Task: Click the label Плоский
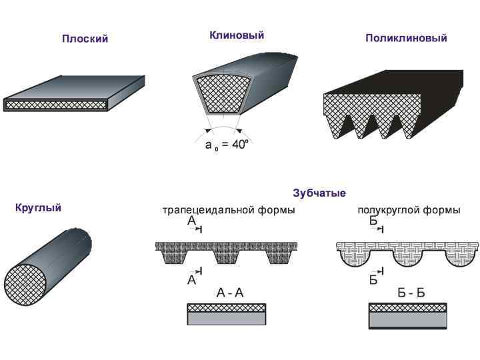coord(85,39)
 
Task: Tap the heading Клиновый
coord(237,35)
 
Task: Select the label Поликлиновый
coord(406,38)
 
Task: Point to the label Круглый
coord(38,208)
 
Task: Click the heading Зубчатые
coord(319,193)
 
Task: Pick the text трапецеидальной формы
coord(229,211)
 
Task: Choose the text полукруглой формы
coord(409,211)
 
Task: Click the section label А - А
coord(228,292)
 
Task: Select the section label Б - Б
coord(408,292)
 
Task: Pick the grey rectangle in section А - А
coord(227,319)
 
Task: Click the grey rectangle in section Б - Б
coord(408,319)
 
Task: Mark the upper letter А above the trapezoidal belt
coord(192,221)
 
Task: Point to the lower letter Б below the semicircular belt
coord(373,281)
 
